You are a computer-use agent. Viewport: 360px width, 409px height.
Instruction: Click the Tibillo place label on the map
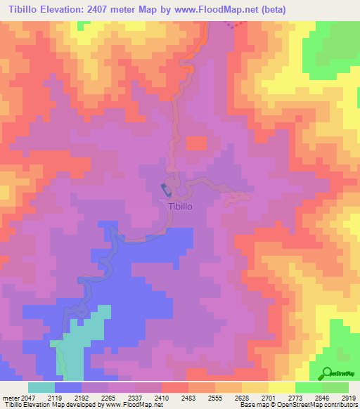[x=180, y=207]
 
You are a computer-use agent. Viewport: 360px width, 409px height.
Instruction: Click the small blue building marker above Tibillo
[x=166, y=190]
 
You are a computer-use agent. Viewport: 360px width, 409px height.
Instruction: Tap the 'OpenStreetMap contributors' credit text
[x=320, y=405]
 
